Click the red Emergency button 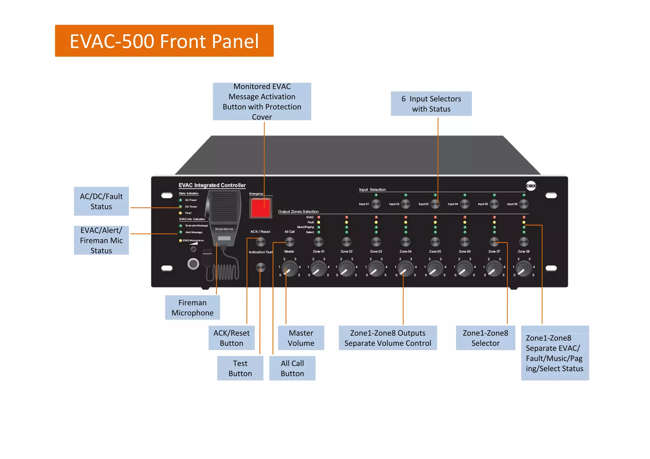pyautogui.click(x=261, y=208)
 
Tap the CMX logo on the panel pyautogui.click(x=531, y=186)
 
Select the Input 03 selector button pyautogui.click(x=435, y=204)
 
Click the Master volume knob pyautogui.click(x=289, y=269)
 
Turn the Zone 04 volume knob pyautogui.click(x=405, y=269)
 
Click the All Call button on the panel pyautogui.click(x=289, y=242)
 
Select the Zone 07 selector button pyautogui.click(x=494, y=242)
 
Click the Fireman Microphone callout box pyautogui.click(x=192, y=307)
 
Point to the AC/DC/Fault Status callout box pyautogui.click(x=101, y=201)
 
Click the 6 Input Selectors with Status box pyautogui.click(x=431, y=104)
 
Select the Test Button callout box pyautogui.click(x=240, y=368)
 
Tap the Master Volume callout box pyautogui.click(x=301, y=338)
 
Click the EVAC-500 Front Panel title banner pyautogui.click(x=164, y=41)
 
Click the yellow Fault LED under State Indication pyautogui.click(x=180, y=213)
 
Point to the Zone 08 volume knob pyautogui.click(x=523, y=269)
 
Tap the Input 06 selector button pyautogui.click(x=523, y=204)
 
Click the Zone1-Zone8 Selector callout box pyautogui.click(x=485, y=338)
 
